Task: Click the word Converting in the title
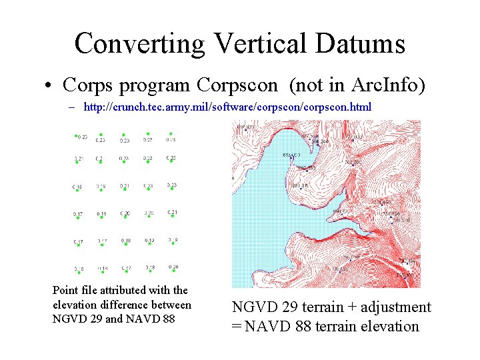[x=141, y=44]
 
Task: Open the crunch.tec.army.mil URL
[x=227, y=107]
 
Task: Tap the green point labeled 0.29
[x=125, y=135]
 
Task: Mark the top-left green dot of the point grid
[x=77, y=135]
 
